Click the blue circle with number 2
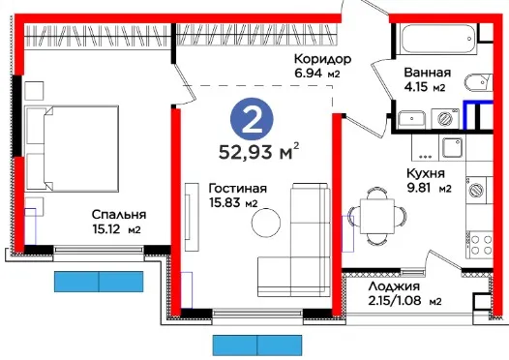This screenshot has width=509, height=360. [252, 119]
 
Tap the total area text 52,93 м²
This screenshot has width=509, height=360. [258, 151]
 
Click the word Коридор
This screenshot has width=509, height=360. [322, 59]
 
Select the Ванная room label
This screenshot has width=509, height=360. [427, 72]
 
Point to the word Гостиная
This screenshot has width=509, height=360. [238, 189]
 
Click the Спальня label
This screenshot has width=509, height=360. [119, 215]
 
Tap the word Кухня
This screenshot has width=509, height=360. [426, 173]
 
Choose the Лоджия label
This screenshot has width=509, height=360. [394, 286]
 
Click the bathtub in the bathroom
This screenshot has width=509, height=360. [438, 39]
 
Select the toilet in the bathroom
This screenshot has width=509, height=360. [479, 83]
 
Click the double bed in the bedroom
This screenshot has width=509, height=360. [72, 148]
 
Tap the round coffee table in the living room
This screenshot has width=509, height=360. [266, 223]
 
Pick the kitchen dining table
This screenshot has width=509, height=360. [377, 216]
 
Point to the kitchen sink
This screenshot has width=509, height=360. [452, 148]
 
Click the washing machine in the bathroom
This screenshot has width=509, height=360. [445, 118]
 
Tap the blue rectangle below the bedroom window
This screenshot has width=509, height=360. [99, 282]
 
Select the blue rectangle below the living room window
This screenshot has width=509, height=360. [257, 345]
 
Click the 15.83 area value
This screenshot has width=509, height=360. [225, 203]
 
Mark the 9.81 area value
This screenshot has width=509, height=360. [419, 188]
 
